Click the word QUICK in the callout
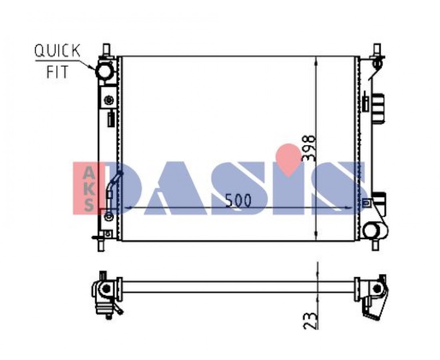pyautogui.click(x=57, y=51)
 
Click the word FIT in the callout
pyautogui.click(x=58, y=72)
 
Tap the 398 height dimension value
pyautogui.click(x=309, y=148)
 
